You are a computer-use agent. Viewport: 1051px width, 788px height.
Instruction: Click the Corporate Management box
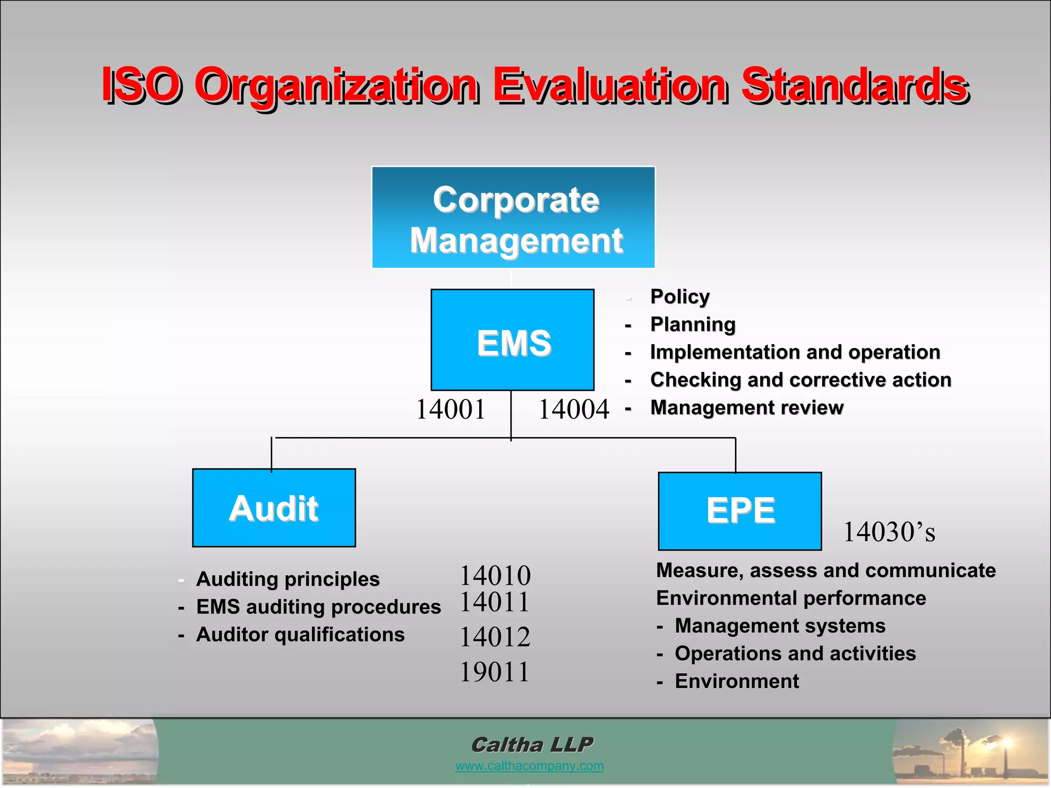click(x=513, y=218)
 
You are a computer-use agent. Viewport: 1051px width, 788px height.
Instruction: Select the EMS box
click(x=513, y=340)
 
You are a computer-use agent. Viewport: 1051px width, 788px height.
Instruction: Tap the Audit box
click(x=274, y=508)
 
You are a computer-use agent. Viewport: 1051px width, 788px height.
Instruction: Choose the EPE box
click(x=740, y=511)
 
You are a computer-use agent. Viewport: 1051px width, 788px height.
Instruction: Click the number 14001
click(x=451, y=410)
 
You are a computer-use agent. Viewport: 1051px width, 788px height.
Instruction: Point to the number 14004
click(x=573, y=410)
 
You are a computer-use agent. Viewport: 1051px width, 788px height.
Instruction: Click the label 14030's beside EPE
click(x=889, y=532)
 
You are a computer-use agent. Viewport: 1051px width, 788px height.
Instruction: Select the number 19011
click(x=495, y=672)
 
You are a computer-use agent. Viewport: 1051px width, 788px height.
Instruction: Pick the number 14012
click(x=495, y=637)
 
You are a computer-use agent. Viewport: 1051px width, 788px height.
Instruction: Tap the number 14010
click(x=495, y=575)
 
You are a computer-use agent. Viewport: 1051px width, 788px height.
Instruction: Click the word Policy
click(x=680, y=297)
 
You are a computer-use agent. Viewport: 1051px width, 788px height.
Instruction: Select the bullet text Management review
click(x=747, y=408)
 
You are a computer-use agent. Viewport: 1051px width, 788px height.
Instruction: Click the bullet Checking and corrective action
click(x=801, y=380)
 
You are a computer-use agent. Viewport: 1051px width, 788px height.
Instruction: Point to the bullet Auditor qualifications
click(x=300, y=635)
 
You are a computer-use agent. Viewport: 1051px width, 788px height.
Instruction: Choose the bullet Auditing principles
click(x=288, y=579)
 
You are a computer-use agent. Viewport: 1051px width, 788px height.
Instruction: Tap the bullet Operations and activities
click(x=795, y=654)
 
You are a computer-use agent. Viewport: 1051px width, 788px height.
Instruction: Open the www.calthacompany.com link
click(x=529, y=766)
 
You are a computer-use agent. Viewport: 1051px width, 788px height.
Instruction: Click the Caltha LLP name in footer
click(x=532, y=744)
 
